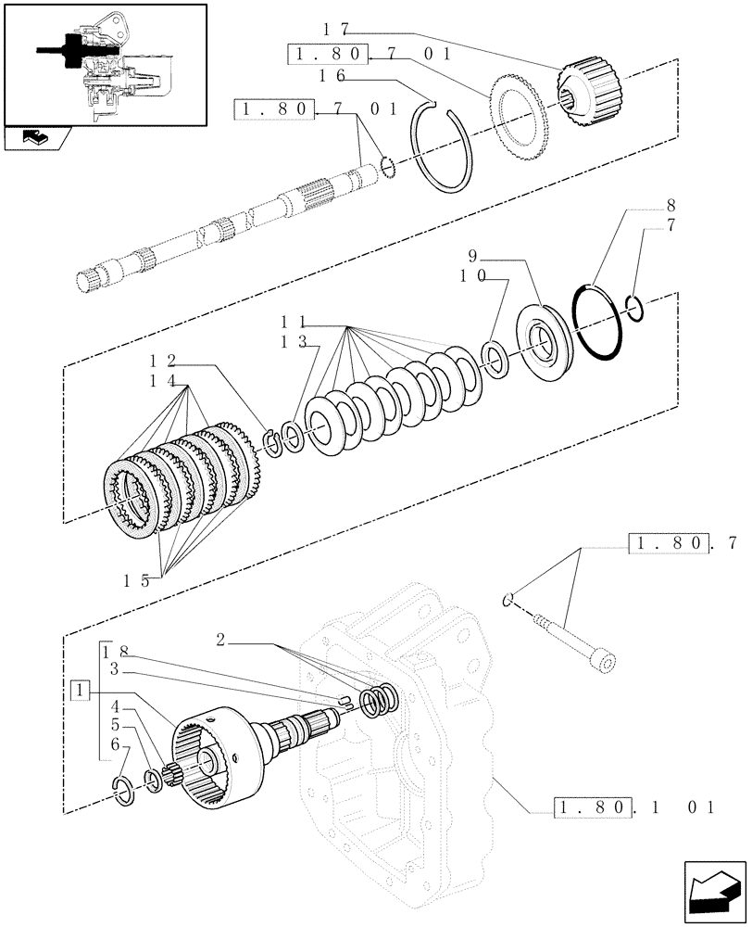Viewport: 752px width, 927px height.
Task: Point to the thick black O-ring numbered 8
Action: click(596, 321)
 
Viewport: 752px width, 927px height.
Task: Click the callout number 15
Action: click(138, 581)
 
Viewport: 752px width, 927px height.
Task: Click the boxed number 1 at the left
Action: click(81, 690)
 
